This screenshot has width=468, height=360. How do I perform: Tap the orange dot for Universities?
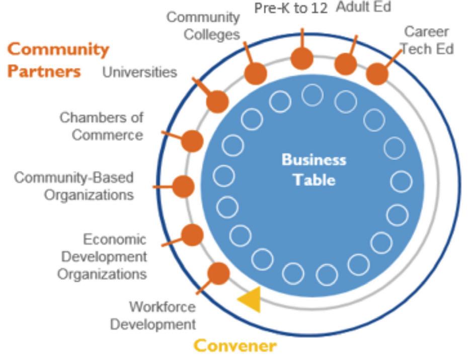click(217, 101)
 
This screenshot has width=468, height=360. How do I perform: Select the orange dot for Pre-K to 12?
click(302, 58)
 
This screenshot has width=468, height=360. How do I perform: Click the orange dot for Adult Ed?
click(346, 64)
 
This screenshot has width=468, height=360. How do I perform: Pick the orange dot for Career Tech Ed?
click(377, 74)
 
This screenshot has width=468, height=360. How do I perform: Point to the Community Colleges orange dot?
click(255, 73)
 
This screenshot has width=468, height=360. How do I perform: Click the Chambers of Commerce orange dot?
click(192, 141)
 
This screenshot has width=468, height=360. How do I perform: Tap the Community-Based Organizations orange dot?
click(183, 187)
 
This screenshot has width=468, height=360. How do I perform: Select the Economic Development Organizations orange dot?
click(192, 235)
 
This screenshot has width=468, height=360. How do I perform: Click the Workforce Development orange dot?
click(218, 274)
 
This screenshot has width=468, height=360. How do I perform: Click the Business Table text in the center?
click(314, 169)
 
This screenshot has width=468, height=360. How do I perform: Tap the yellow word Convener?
click(235, 346)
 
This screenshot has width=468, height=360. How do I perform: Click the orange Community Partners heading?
click(57, 60)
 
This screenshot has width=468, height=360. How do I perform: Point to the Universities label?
click(140, 72)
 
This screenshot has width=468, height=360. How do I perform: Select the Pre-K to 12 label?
click(291, 9)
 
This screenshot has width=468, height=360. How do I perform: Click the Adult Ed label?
click(363, 7)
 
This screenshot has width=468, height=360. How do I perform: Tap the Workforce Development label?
click(153, 315)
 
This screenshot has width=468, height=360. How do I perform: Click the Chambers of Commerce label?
click(102, 126)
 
